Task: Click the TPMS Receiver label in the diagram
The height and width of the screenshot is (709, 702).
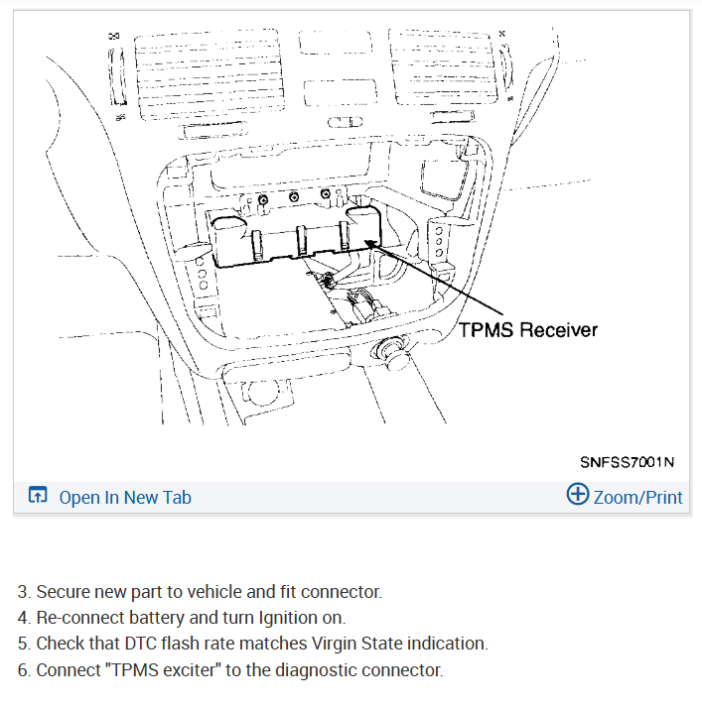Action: point(528,328)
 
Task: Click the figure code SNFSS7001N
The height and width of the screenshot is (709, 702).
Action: point(628,461)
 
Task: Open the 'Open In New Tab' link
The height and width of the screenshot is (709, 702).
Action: point(125,497)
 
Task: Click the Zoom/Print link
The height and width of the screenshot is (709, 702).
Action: point(637,497)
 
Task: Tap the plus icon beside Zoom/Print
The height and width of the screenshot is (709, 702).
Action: point(577,495)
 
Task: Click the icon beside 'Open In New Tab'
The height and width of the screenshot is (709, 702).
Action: point(38,497)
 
